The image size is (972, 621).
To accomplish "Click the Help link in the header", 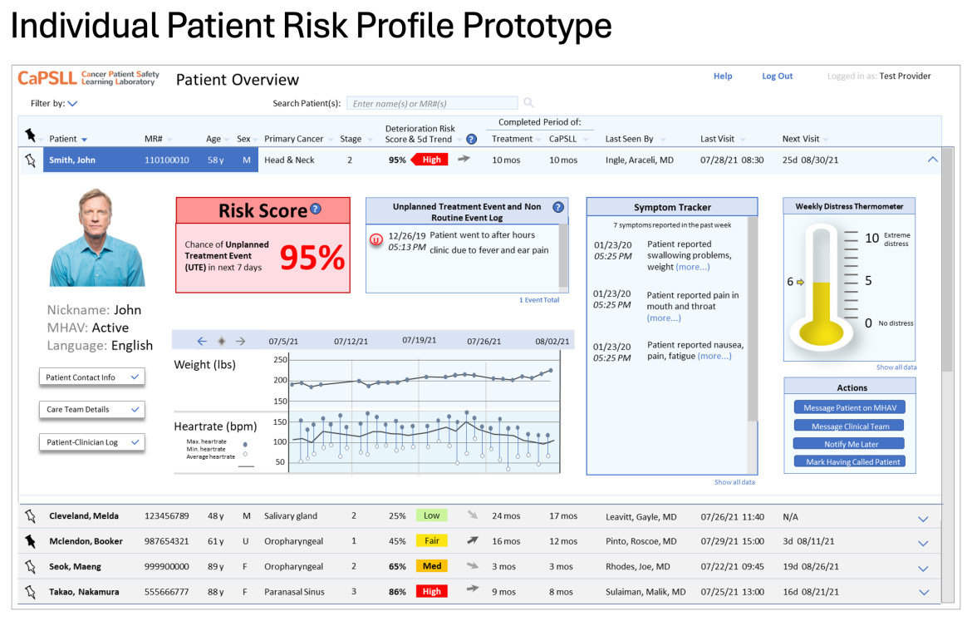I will (723, 76).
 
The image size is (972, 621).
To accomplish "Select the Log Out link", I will (778, 76).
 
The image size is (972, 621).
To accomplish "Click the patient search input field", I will (431, 104).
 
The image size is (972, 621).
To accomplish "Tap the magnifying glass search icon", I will (528, 103).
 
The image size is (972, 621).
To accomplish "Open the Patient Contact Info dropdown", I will (91, 377).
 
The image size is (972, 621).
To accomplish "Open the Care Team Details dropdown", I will (91, 410).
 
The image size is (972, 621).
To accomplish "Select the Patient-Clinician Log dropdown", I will (91, 442).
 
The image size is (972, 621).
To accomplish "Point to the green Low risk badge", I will (432, 515).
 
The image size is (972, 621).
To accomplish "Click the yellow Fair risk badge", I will (432, 541).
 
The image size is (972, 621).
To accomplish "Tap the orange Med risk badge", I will (432, 566).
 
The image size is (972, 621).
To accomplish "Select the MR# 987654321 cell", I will (166, 541).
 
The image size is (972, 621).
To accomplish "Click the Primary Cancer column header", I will (293, 140).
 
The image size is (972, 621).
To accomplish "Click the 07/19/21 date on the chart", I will (420, 340).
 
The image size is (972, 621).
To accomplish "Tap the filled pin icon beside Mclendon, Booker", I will (32, 541).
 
